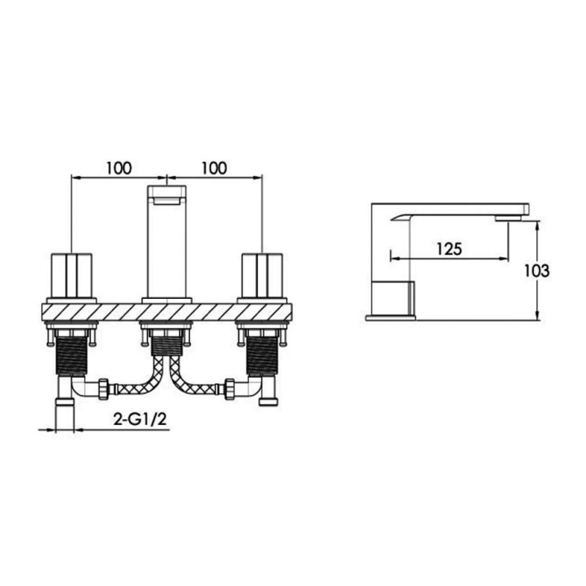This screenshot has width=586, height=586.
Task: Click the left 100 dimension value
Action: [119, 168]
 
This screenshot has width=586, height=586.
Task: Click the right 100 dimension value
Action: [214, 168]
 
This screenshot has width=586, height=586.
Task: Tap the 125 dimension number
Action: [449, 249]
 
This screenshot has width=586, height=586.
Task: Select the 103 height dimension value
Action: [536, 271]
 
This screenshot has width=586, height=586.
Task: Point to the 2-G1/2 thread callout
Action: [140, 419]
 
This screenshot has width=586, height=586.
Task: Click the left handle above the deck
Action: [71, 275]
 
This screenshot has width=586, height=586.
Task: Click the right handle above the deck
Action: [262, 275]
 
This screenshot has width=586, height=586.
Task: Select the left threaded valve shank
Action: [71, 355]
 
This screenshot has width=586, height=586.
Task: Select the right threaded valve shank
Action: [262, 355]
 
